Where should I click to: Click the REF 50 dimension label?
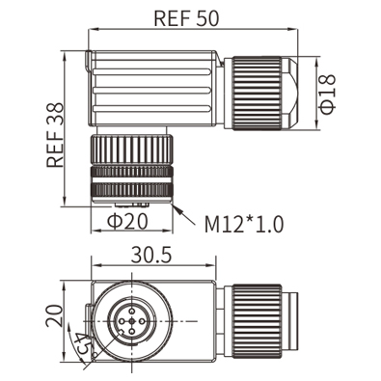(186, 18)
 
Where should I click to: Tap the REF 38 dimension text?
(55, 135)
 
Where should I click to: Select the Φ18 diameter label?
(328, 95)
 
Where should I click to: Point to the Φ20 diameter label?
(127, 221)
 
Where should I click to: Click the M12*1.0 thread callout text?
(244, 224)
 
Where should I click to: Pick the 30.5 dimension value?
(151, 256)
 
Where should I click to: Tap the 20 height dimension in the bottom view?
(54, 315)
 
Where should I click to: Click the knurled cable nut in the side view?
(257, 94)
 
